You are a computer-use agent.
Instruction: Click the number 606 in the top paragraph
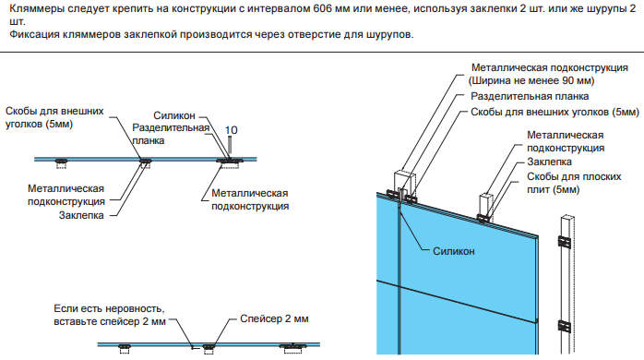click(x=322, y=8)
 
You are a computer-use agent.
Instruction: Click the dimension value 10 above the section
click(x=232, y=130)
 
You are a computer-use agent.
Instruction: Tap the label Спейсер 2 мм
click(x=274, y=318)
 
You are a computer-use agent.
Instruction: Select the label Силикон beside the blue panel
click(x=453, y=251)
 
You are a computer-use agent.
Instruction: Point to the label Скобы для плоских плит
click(x=574, y=183)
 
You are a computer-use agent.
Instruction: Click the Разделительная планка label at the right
click(x=530, y=96)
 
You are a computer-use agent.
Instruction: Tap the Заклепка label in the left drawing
click(x=81, y=215)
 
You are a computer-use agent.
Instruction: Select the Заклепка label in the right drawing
click(x=549, y=162)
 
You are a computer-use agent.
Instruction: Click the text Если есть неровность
click(x=109, y=308)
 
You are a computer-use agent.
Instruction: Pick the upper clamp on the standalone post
click(x=565, y=242)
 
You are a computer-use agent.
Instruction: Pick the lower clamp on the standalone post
click(x=565, y=326)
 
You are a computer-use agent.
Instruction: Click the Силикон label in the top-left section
click(x=174, y=115)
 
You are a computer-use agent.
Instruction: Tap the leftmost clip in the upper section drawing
click(x=62, y=162)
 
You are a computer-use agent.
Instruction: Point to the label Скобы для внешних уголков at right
click(x=555, y=112)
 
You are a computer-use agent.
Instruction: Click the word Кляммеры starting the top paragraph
click(x=36, y=8)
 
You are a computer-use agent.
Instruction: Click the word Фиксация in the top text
click(x=34, y=34)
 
